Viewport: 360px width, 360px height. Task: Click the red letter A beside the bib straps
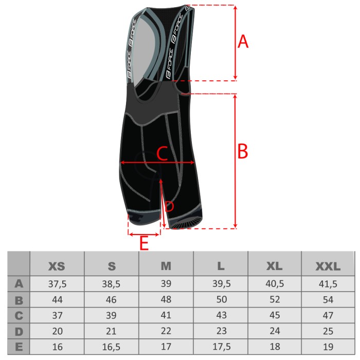tap(243, 42)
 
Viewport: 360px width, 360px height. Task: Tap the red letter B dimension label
tap(242, 151)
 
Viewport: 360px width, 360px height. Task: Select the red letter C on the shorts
tap(162, 153)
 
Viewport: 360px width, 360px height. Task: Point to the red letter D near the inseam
tap(169, 206)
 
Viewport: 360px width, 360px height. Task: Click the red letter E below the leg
tap(144, 243)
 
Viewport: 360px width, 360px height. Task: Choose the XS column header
tap(57, 266)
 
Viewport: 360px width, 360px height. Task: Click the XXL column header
tap(328, 266)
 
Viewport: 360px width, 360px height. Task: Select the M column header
tap(166, 266)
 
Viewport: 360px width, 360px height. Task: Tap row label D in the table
tap(19, 332)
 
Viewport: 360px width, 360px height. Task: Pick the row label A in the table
tap(19, 284)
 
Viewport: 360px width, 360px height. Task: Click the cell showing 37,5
tap(57, 284)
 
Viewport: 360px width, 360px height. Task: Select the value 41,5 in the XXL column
tap(328, 284)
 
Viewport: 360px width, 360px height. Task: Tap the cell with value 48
tap(166, 299)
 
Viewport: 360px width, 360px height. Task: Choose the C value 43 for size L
tap(221, 315)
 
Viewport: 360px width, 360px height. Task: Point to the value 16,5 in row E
tap(111, 347)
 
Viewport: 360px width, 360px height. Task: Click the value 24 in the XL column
tap(275, 331)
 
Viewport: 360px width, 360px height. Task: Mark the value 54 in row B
tap(328, 300)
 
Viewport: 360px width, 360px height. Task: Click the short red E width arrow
tap(144, 235)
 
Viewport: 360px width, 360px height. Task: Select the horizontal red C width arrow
tap(157, 163)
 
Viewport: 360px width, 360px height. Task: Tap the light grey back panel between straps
tap(144, 48)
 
